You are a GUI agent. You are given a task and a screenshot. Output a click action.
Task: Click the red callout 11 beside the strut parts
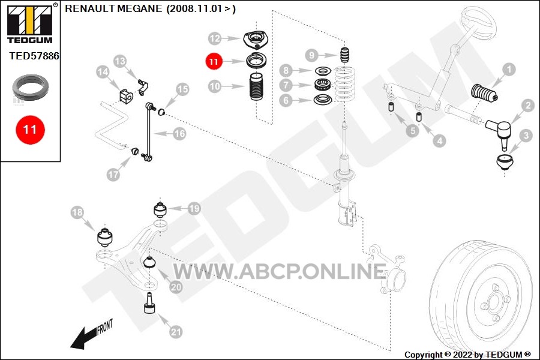coord(214,61)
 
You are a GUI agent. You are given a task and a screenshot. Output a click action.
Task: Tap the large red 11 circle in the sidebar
coord(30,130)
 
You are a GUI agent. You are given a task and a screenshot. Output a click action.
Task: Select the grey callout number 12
coord(215,38)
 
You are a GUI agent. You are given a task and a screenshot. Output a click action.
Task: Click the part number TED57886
coord(34,56)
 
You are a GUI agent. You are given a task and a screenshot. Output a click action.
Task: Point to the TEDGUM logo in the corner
coord(30,23)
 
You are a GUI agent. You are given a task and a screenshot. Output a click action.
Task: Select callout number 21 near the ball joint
coord(176,331)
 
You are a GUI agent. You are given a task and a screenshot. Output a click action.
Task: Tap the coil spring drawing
coord(345,85)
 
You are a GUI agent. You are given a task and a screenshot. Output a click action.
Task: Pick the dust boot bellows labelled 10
coord(256,86)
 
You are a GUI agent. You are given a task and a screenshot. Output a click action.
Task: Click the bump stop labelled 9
coord(345,55)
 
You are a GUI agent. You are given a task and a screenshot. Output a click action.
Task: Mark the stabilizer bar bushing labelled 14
coord(126,96)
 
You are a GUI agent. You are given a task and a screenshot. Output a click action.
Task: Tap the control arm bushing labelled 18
coord(104,236)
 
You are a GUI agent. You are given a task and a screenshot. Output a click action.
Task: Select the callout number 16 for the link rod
coord(179,133)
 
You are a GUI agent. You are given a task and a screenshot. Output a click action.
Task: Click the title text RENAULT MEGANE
coord(113,8)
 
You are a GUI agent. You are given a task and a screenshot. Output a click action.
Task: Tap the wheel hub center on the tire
coord(494,302)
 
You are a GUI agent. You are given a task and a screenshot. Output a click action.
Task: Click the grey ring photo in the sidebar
coord(31,87)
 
